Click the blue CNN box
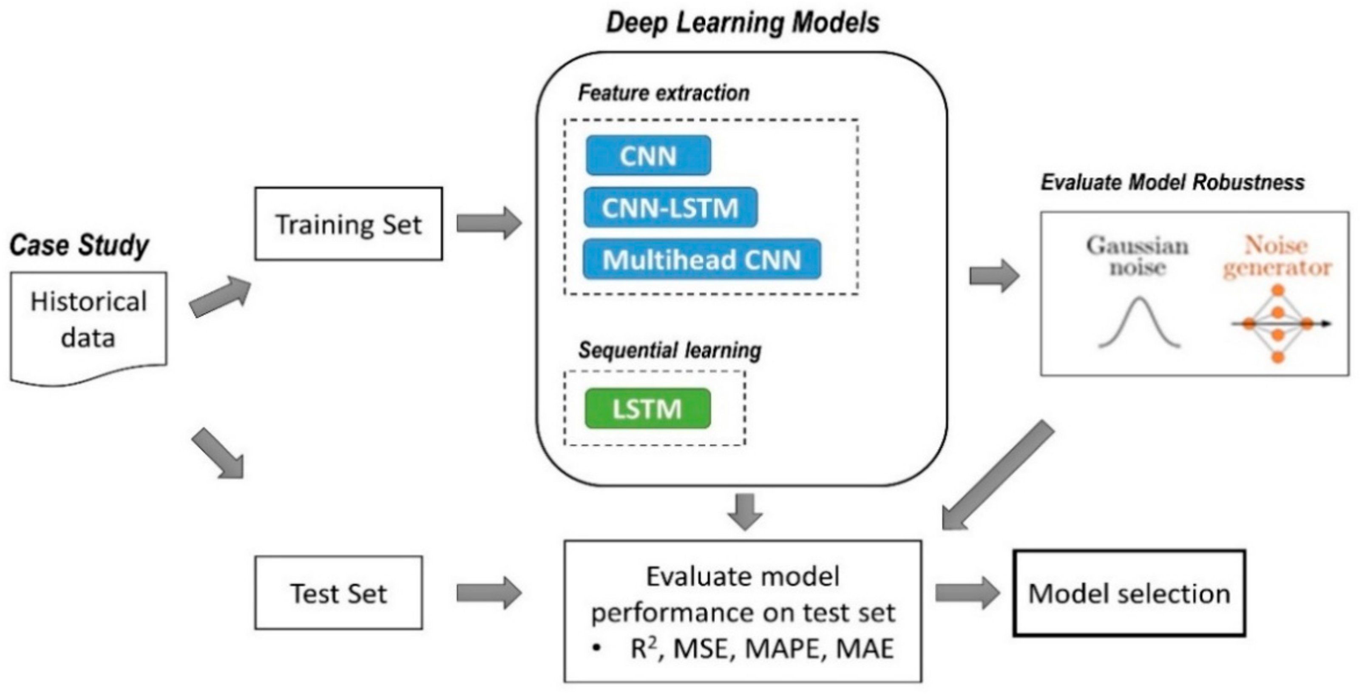648,156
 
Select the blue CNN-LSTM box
670,208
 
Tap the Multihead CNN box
702,259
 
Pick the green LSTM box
648,408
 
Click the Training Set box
349,224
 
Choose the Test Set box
338,592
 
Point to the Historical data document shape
88,323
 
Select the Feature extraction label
664,93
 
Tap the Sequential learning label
670,350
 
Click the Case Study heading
79,245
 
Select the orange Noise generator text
1277,256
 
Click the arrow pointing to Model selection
967,593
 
